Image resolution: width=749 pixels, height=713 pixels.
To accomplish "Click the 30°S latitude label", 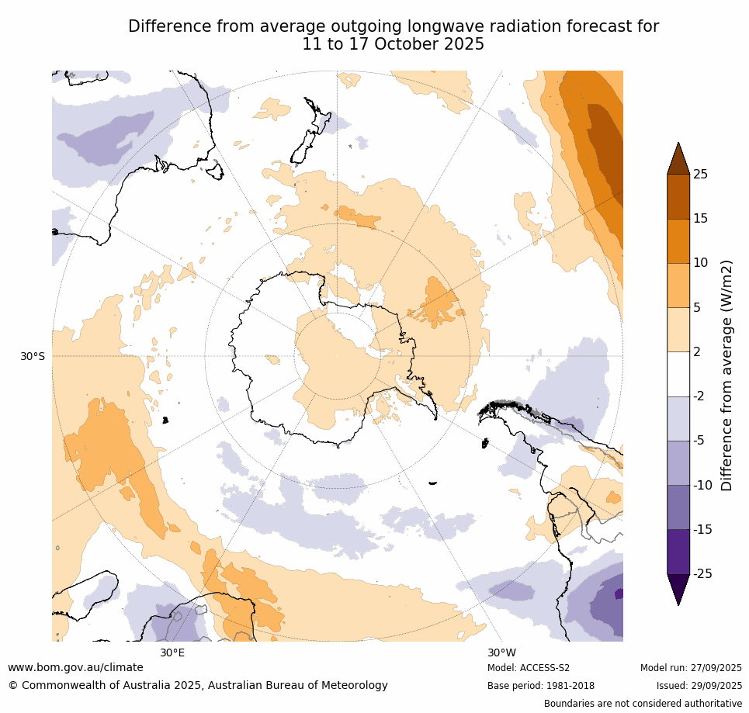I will (x=33, y=356).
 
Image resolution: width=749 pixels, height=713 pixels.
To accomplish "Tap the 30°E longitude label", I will (x=172, y=652).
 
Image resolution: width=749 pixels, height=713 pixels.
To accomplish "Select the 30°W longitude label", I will (x=501, y=652).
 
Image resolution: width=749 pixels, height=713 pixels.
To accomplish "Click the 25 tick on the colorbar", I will (x=700, y=174).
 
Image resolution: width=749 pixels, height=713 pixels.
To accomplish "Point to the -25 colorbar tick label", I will (x=702, y=573).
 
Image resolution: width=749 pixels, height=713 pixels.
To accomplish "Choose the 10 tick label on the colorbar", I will (x=700, y=263).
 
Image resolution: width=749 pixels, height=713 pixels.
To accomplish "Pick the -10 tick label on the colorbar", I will (x=702, y=485).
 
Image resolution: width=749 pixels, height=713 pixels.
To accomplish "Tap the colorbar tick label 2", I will (x=696, y=351).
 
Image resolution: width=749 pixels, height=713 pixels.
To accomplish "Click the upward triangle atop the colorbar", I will (x=678, y=158).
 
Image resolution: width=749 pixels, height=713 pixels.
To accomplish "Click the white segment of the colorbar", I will (x=678, y=374).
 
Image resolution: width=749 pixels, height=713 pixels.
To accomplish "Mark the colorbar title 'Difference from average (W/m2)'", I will (x=727, y=375).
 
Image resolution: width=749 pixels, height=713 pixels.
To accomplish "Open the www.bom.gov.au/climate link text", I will (x=75, y=667).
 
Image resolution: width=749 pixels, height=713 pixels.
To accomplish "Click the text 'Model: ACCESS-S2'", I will (x=529, y=668).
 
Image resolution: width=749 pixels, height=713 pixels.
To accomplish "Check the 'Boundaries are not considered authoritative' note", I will (x=643, y=704).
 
